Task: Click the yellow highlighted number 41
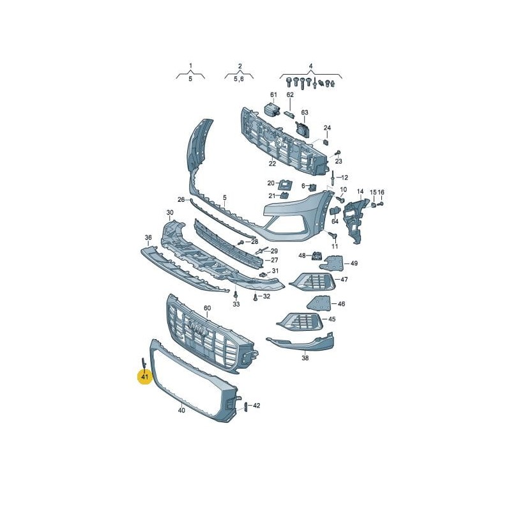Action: point(145,377)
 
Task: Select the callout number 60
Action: point(207,308)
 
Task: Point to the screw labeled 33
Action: point(235,294)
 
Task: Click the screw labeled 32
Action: point(256,297)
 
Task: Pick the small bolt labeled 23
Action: point(338,153)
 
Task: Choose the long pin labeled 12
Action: point(333,178)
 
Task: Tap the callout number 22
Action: point(273,164)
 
